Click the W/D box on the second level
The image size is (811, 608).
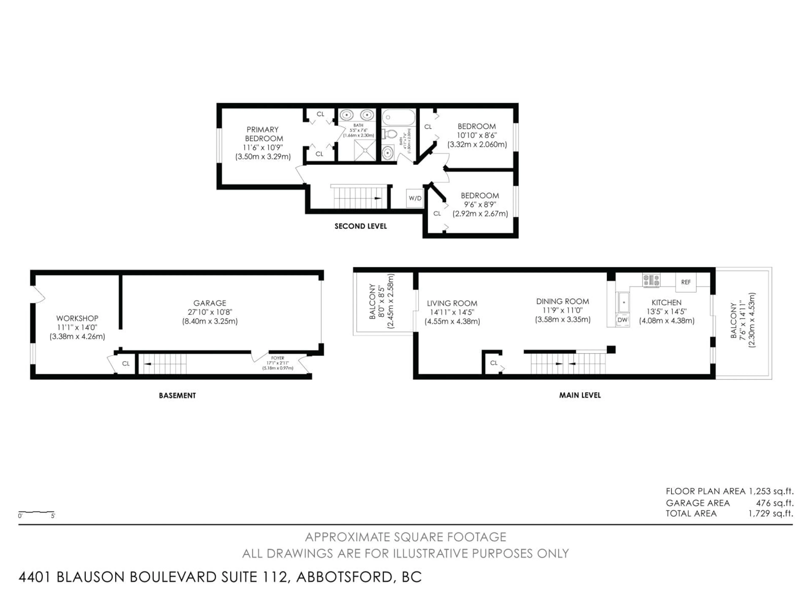tap(415, 198)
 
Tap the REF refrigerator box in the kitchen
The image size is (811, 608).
tap(686, 282)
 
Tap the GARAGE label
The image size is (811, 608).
tap(210, 303)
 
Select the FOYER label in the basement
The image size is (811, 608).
tap(278, 358)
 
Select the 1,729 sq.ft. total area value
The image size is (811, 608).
tap(770, 513)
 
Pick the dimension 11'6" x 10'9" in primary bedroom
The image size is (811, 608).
tap(263, 148)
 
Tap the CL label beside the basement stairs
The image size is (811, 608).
tap(126, 364)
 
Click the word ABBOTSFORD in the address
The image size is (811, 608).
tap(345, 577)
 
